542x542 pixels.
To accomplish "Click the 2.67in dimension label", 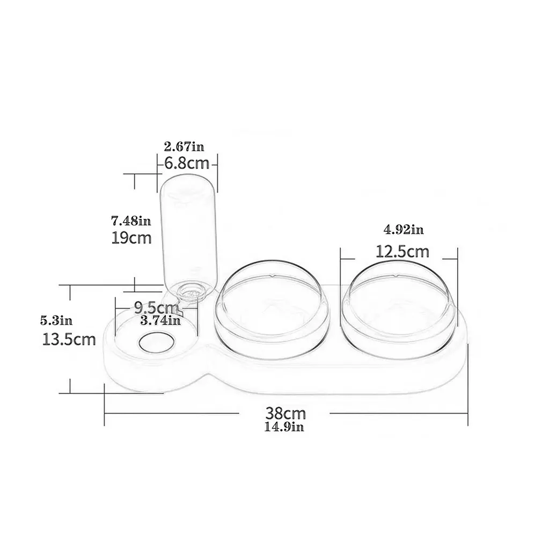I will pyautogui.click(x=184, y=146).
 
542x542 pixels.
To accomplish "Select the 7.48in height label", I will pyautogui.click(x=131, y=220).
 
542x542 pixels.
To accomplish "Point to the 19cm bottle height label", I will pyautogui.click(x=131, y=237).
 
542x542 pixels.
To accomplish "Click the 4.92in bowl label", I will pyautogui.click(x=404, y=230).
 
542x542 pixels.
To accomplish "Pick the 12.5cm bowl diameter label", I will pyautogui.click(x=402, y=251).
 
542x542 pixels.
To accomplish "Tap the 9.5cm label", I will pyautogui.click(x=156, y=309).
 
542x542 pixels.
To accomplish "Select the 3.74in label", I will pyautogui.click(x=160, y=321).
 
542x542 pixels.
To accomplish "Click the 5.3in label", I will pyautogui.click(x=56, y=321).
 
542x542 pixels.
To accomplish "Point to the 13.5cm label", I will pyautogui.click(x=69, y=340).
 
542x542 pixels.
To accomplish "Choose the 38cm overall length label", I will pyautogui.click(x=285, y=413).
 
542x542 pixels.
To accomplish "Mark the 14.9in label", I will pyautogui.click(x=284, y=427).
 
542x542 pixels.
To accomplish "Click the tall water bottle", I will pyautogui.click(x=187, y=231).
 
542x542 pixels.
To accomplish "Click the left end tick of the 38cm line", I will pyautogui.click(x=105, y=413).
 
